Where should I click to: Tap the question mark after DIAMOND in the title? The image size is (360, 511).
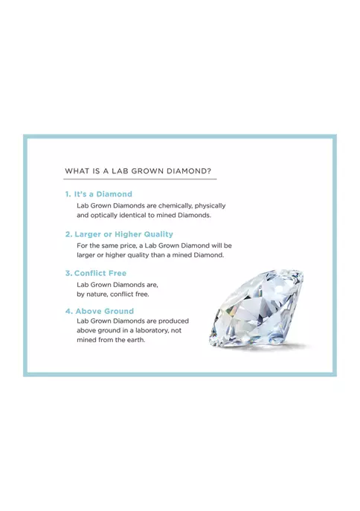209,171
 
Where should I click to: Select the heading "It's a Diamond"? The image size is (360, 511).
103,194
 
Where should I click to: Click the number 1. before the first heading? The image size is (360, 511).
68,194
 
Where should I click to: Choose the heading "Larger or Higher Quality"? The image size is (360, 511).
123,234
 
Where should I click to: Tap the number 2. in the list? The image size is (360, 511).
68,234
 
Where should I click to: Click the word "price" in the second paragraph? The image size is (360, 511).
129,245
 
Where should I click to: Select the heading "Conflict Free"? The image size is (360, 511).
100,274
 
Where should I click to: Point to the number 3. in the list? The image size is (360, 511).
68,274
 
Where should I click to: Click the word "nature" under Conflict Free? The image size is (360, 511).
97,295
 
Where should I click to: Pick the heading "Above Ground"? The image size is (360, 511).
105,311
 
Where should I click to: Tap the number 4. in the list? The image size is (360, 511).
68,311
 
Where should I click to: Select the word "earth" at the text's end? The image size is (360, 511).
135,340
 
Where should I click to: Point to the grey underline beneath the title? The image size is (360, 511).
140,179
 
